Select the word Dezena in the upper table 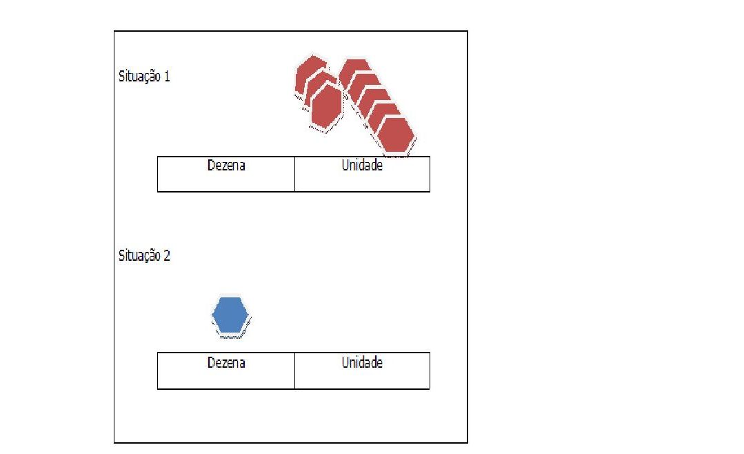[226, 166]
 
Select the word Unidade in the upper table [362, 166]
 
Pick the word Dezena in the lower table [226, 363]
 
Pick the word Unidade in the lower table [362, 363]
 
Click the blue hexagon [230, 316]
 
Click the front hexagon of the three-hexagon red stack [326, 106]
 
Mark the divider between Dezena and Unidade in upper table [294, 174]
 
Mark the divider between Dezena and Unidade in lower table [294, 371]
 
